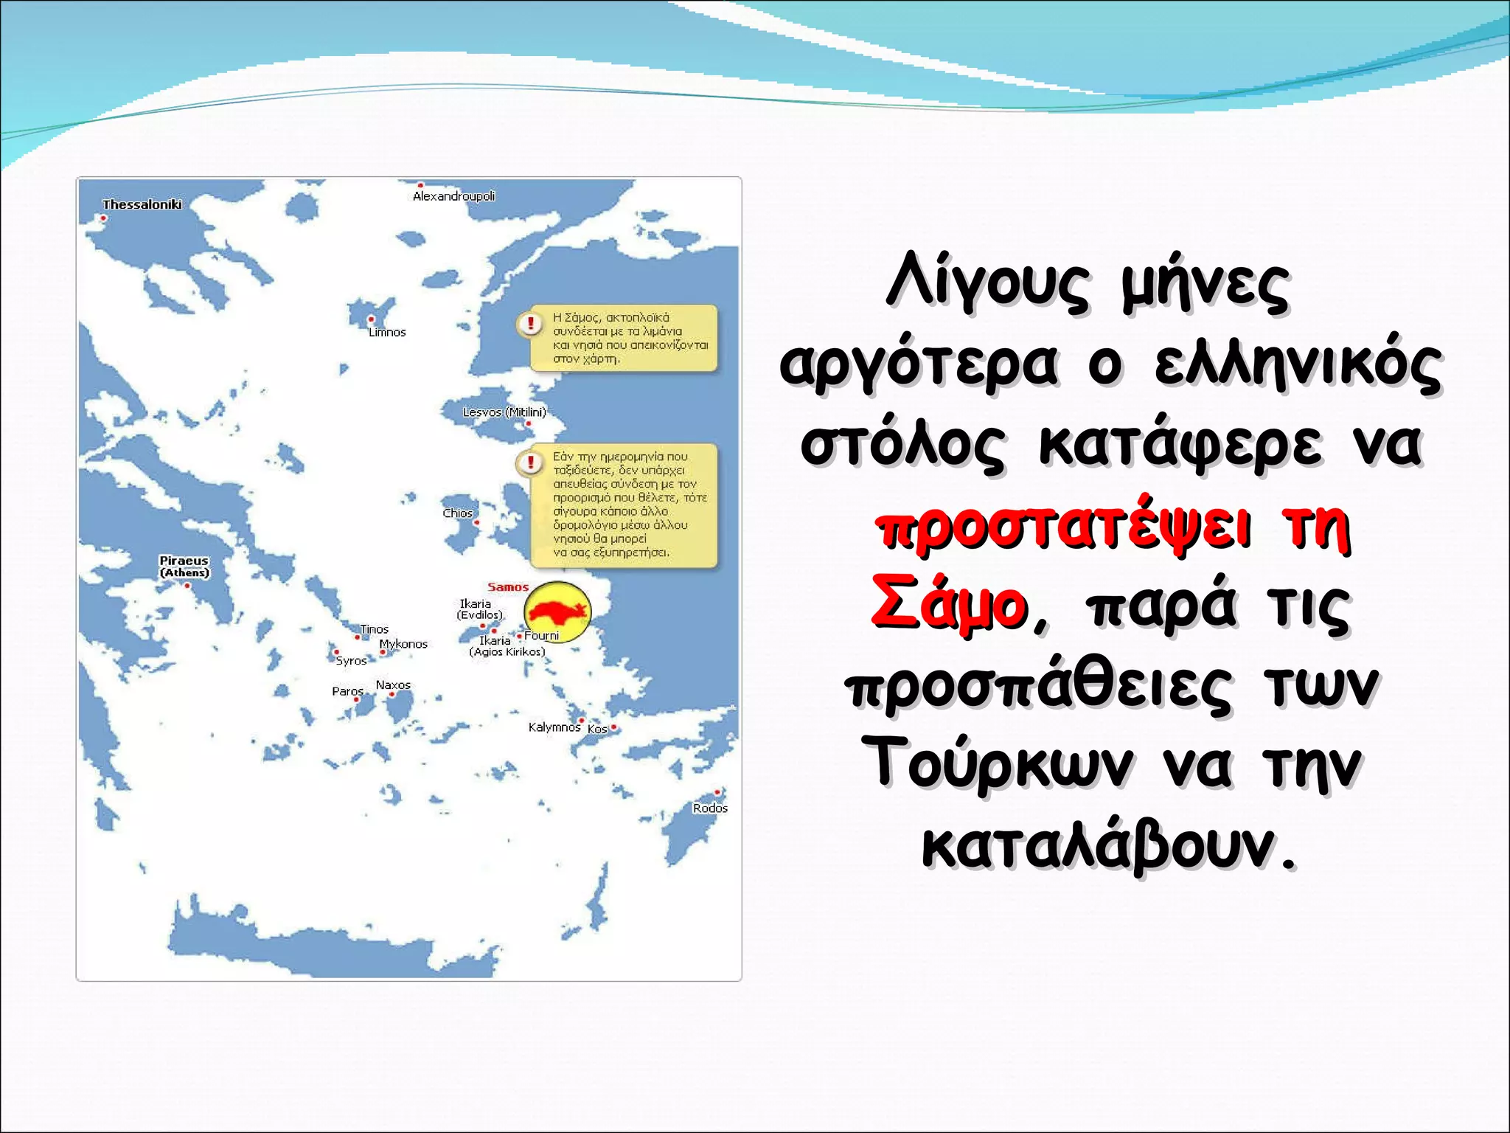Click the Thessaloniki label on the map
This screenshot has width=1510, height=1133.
142,204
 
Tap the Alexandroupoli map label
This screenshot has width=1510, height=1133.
453,196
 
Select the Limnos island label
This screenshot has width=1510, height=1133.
387,333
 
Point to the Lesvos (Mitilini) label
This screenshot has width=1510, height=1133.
504,412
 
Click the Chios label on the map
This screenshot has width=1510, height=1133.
458,513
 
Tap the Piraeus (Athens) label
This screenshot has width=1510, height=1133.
184,566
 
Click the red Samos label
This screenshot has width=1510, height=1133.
508,587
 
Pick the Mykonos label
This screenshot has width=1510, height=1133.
403,644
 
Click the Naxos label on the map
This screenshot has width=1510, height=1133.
393,685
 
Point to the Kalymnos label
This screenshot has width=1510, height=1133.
554,727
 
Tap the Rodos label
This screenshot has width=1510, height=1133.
710,808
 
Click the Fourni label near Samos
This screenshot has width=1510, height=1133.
542,636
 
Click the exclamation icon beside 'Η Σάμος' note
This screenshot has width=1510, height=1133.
529,323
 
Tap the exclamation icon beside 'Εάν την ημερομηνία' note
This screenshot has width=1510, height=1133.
529,462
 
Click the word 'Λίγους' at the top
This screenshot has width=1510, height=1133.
987,283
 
